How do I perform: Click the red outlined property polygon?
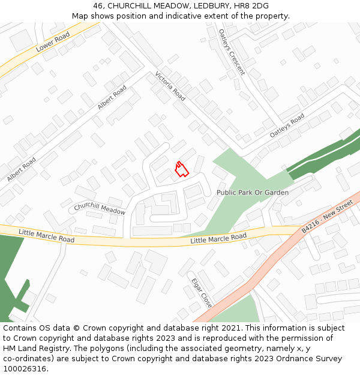click(181, 169)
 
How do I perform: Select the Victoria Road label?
click(170, 85)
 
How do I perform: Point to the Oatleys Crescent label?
click(232, 52)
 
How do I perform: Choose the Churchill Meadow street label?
click(100, 208)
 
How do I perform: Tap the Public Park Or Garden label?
click(253, 193)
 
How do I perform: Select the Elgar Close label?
click(202, 292)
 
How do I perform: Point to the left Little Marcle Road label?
click(46, 235)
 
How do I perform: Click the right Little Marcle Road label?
click(218, 239)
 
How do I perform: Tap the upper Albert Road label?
click(112, 98)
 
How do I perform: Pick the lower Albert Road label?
click(22, 170)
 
